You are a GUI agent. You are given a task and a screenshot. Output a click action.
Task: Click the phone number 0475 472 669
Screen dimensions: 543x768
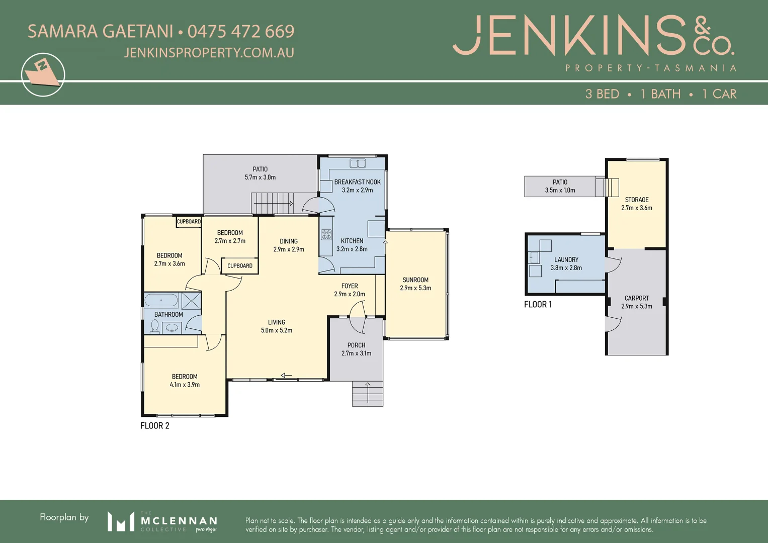point(240,32)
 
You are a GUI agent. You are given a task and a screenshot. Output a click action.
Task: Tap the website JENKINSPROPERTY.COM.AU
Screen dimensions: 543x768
point(209,53)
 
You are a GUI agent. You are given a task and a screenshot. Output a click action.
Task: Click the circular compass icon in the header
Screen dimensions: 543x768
point(43,74)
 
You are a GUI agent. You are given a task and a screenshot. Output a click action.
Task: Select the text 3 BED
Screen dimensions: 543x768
point(602,94)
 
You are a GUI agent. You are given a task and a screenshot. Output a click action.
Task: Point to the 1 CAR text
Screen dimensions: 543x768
point(719,94)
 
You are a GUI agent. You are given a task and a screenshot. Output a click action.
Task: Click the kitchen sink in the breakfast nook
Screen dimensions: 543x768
point(358,163)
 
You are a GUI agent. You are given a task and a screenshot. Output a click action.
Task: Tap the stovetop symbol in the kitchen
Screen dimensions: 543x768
point(326,234)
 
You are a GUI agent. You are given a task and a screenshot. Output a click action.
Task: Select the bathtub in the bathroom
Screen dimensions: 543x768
point(161,301)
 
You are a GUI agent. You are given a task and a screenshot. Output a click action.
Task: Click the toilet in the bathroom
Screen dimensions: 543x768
point(154,326)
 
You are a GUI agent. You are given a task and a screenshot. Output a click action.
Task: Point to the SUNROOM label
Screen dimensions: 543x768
point(415,280)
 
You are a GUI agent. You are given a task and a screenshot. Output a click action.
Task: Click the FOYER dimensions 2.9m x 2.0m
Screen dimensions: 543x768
point(350,294)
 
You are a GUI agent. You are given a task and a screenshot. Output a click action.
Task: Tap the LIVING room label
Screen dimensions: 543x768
point(277,322)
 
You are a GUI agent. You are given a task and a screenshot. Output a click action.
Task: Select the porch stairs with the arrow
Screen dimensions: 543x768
point(368,393)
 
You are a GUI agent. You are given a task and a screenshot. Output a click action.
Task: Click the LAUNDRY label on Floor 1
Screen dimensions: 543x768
point(566,260)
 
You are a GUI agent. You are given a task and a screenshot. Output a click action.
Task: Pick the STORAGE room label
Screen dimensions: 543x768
point(637,200)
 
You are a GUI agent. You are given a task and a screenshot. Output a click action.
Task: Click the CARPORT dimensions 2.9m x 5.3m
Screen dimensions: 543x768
point(637,306)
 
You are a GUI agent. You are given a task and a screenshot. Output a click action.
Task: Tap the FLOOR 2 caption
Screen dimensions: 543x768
point(155,426)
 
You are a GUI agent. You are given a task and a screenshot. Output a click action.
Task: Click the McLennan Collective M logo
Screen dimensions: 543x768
point(121,521)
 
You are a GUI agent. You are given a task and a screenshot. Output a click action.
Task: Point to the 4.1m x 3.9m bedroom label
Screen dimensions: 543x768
point(185,385)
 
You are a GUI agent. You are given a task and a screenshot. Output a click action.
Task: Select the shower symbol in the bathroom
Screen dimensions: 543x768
point(191,301)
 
